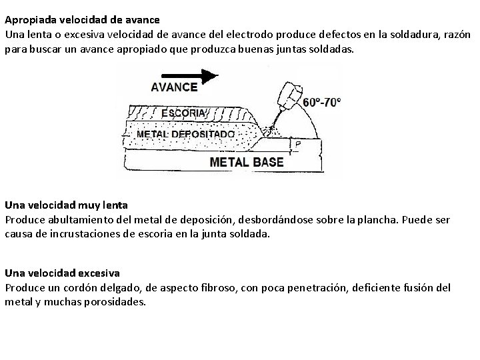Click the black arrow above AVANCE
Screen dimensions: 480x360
pos(190,75)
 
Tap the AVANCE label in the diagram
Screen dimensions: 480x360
pos(174,87)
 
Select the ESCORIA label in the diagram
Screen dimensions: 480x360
pos(183,113)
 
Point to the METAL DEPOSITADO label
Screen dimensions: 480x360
pos(185,133)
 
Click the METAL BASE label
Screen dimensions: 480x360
pos(247,162)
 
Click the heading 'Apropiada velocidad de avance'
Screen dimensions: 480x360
pos(83,20)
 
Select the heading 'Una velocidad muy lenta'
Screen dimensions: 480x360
pos(66,205)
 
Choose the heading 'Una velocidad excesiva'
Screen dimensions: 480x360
pos(62,273)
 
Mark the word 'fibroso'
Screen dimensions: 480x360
pos(229,287)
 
